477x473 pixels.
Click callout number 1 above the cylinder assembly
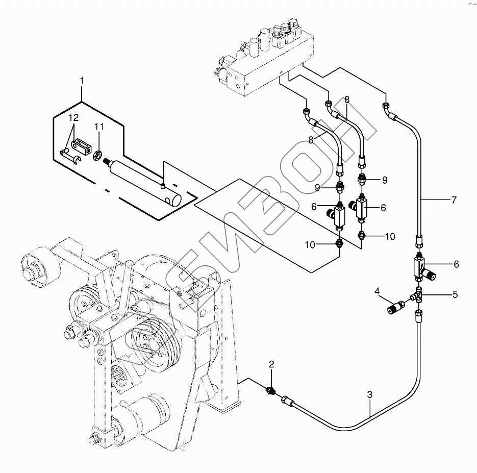(x=82, y=81)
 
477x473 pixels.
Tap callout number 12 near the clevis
(x=73, y=118)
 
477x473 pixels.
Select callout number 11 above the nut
(x=99, y=127)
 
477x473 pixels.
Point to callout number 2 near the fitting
(x=271, y=364)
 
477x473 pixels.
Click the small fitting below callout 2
(x=271, y=390)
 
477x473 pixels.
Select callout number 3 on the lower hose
(x=370, y=395)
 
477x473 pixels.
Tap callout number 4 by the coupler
(x=377, y=291)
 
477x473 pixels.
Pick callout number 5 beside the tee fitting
(x=455, y=294)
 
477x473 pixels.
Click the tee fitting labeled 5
(x=417, y=295)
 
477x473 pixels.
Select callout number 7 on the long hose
(x=454, y=200)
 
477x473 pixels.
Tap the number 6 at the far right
(x=456, y=264)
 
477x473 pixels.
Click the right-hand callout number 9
(x=385, y=180)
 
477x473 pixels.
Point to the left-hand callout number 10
(x=310, y=245)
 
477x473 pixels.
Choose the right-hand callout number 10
(x=390, y=236)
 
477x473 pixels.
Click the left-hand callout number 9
(x=317, y=188)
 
